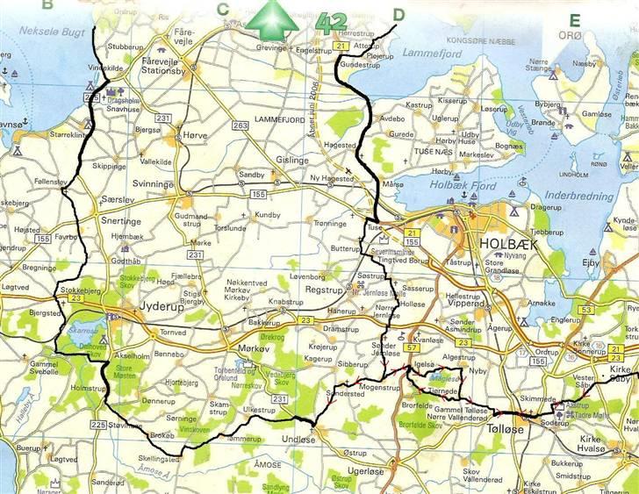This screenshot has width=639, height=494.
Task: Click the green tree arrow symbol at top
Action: pyautogui.click(x=271, y=20)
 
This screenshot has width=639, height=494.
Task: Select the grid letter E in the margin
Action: pyautogui.click(x=574, y=21)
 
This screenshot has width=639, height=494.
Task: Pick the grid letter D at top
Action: pyautogui.click(x=399, y=13)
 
